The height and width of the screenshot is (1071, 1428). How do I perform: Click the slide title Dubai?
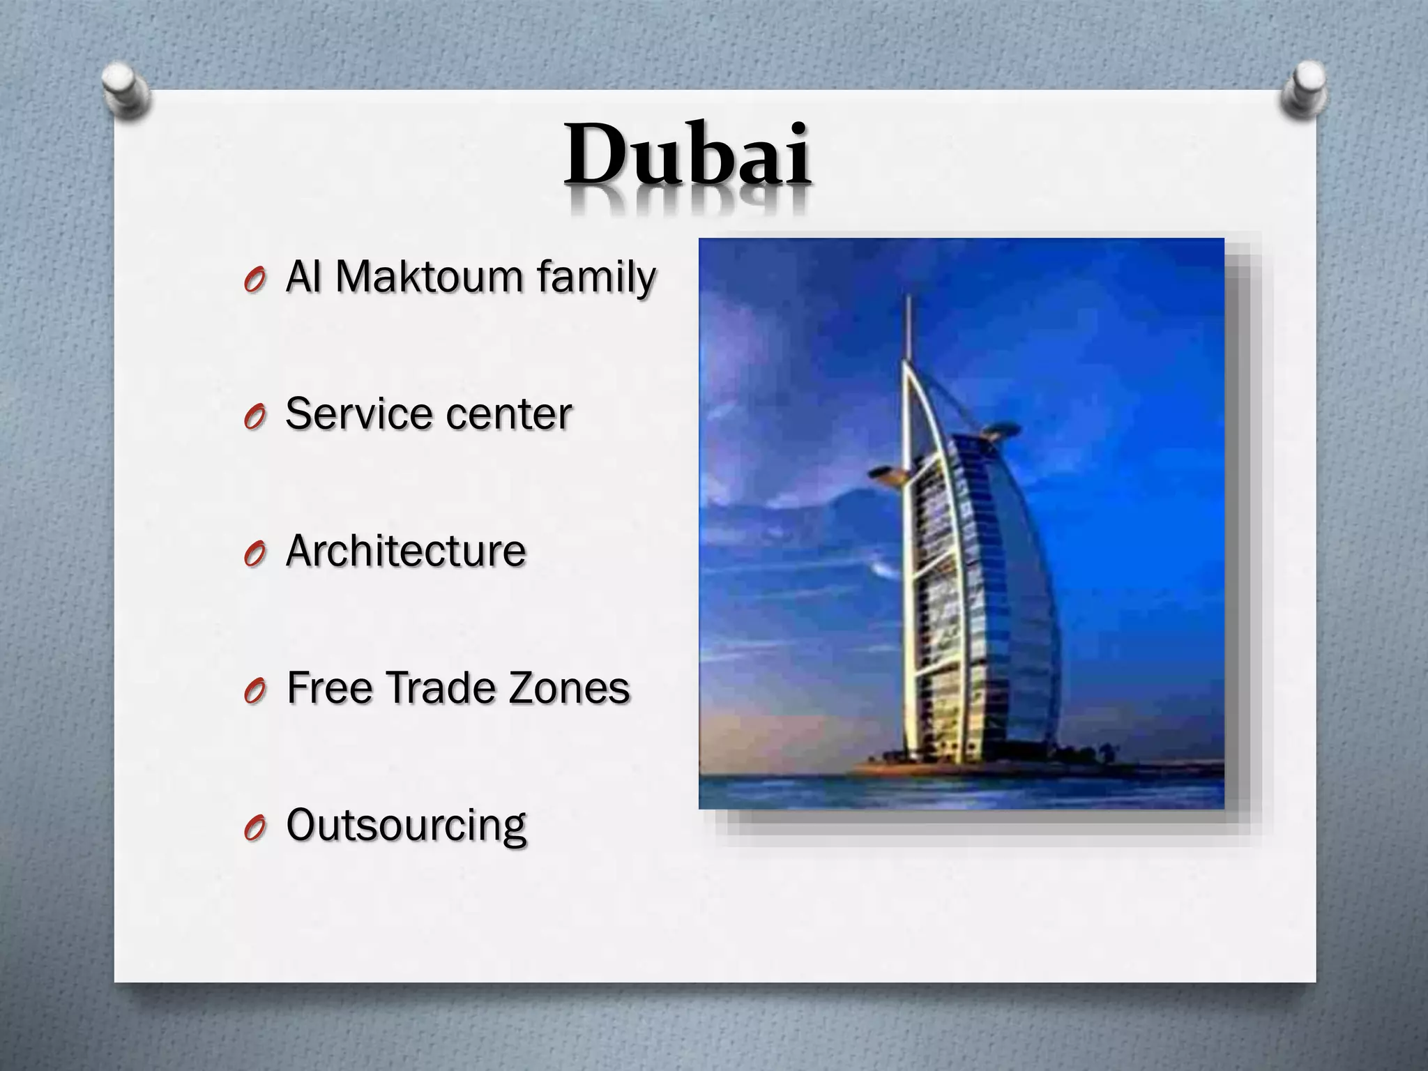coord(688,155)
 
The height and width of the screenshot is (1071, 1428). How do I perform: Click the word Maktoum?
coord(428,277)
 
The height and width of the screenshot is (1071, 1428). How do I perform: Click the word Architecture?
coord(406,550)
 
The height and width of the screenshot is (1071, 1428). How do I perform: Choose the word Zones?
coord(569,688)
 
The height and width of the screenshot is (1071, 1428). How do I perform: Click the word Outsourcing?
coord(406,826)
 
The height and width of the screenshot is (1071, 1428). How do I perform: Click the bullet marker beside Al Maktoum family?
coord(255,280)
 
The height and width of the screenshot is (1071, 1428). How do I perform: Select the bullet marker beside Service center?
coord(255,417)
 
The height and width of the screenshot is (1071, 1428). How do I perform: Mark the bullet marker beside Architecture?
coord(255,554)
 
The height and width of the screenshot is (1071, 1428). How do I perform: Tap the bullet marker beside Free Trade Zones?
coord(255,692)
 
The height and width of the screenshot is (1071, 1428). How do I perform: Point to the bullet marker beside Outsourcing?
coord(255,829)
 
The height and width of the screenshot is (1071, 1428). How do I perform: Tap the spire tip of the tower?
coord(909,298)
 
